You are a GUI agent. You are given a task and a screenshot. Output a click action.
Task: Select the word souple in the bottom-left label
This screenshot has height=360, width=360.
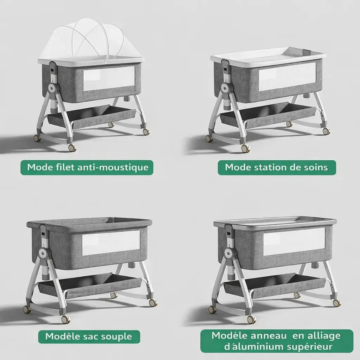click(115, 336)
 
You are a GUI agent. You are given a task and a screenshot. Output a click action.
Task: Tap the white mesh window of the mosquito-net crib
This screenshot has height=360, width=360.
click(109, 78)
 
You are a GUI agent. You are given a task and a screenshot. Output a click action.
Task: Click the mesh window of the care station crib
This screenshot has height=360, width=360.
click(287, 76)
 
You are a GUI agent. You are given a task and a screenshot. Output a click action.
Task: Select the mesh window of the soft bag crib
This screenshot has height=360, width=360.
click(111, 243)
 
